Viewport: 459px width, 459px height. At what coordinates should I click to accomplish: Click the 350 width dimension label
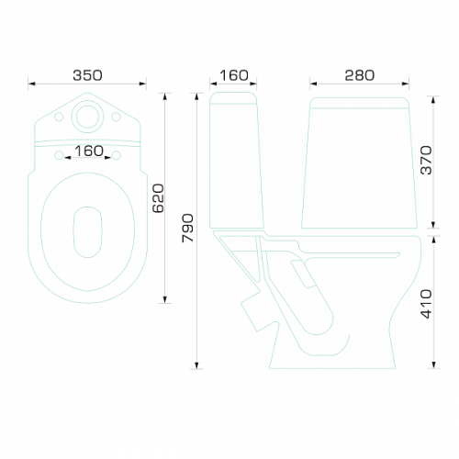tap(87, 75)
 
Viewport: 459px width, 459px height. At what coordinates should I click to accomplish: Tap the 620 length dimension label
tap(159, 198)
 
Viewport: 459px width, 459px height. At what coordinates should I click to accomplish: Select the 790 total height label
tap(187, 228)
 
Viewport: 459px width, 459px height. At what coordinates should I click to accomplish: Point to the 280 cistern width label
tap(360, 75)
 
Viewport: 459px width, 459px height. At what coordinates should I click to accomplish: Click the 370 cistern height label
tap(426, 161)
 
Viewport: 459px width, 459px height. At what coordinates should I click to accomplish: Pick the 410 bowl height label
tap(426, 304)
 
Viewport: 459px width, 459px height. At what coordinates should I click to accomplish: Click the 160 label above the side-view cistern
tap(233, 75)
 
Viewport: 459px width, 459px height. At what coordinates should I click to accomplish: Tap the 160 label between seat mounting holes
tap(89, 151)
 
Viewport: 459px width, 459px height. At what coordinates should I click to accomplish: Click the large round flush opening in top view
tap(87, 117)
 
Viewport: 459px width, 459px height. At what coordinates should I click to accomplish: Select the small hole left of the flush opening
tap(59, 117)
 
